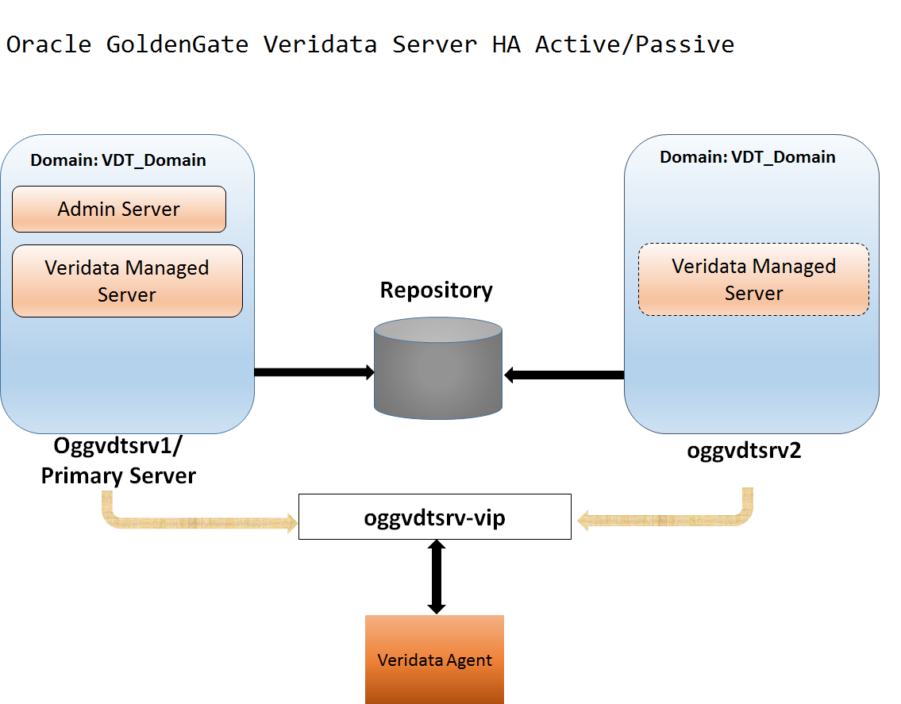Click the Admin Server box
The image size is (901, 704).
point(119,210)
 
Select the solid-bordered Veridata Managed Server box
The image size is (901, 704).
point(127,281)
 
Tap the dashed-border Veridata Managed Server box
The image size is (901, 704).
point(753,279)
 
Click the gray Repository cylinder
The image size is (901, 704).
point(437,369)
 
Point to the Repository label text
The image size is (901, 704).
point(436,290)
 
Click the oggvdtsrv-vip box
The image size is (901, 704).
point(434,517)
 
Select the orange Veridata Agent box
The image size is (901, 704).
point(434,660)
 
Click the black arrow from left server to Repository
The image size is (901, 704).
point(314,372)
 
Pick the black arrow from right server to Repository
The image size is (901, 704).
point(564,375)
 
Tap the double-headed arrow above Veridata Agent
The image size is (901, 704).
point(436,576)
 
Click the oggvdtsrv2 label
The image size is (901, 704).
point(744,451)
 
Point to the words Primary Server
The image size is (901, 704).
point(118,475)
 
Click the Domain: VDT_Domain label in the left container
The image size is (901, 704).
point(118,160)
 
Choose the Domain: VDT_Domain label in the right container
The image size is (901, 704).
point(747,157)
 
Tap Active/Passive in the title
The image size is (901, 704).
point(634,44)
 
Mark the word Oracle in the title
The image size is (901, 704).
point(48,44)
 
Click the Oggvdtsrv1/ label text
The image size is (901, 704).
point(117,447)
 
